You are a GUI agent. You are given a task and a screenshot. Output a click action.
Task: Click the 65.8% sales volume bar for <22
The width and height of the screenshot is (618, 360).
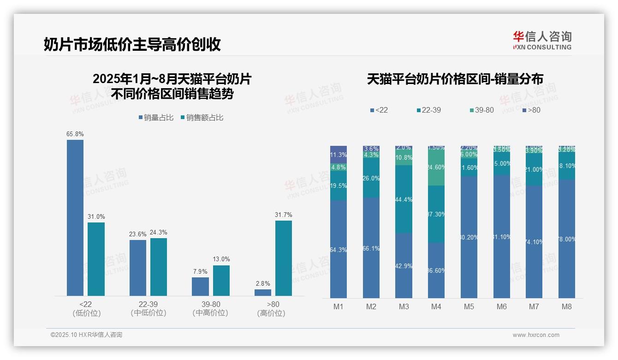coord(75,217)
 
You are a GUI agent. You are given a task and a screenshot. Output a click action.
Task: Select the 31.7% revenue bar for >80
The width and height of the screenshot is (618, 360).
coord(284,258)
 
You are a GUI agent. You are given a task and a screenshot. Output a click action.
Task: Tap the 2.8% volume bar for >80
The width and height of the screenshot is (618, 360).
coord(263,293)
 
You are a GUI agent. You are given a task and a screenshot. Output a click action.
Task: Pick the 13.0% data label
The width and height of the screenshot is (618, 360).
coord(221,259)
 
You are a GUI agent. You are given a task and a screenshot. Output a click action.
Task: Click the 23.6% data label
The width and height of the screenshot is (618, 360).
coord(137,234)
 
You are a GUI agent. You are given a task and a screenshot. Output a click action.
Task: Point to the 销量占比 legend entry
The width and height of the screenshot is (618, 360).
coord(156,118)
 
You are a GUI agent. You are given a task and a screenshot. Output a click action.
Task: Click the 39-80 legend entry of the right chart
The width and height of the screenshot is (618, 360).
coord(481,110)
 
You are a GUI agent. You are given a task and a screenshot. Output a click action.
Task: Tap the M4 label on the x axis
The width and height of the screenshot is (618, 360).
coord(436,306)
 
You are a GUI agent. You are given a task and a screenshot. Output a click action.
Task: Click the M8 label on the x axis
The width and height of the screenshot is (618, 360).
coord(567,306)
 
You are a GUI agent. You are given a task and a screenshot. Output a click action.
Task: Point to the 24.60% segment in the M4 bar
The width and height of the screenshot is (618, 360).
coord(436,168)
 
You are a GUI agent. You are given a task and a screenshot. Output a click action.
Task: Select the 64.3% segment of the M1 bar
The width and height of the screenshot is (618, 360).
coord(339,249)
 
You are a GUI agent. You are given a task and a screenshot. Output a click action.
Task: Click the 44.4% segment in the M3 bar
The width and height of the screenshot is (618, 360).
coord(404,199)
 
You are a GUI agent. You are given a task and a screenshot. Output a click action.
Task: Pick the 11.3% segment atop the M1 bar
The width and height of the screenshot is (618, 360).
coord(339,154)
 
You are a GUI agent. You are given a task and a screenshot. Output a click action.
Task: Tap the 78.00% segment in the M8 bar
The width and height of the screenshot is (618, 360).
coord(567,239)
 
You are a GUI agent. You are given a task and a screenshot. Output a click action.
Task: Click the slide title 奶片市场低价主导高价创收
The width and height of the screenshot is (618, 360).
coord(132,44)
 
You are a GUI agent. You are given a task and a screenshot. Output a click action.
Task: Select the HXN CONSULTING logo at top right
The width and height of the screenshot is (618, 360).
coord(542,41)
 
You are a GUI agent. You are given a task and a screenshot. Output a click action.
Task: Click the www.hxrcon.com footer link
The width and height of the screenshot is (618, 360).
coord(536,335)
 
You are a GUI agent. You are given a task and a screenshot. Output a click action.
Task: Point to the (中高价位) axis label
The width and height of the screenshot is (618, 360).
coord(211,313)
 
